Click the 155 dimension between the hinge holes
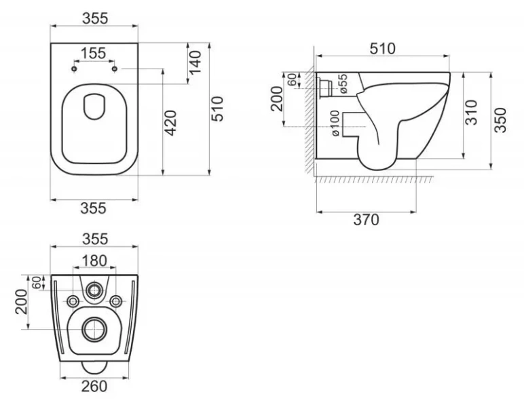click(x=94, y=54)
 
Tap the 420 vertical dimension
click(x=171, y=123)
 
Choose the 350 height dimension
click(x=500, y=119)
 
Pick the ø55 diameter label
click(x=343, y=83)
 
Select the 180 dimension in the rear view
click(x=94, y=260)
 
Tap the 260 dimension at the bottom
click(x=94, y=387)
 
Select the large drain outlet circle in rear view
click(x=94, y=330)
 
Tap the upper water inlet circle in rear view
click(x=94, y=292)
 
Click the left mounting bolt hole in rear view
click(x=72, y=301)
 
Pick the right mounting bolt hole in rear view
click(x=116, y=301)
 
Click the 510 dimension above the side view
click(x=382, y=48)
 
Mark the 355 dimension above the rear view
click(x=94, y=239)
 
